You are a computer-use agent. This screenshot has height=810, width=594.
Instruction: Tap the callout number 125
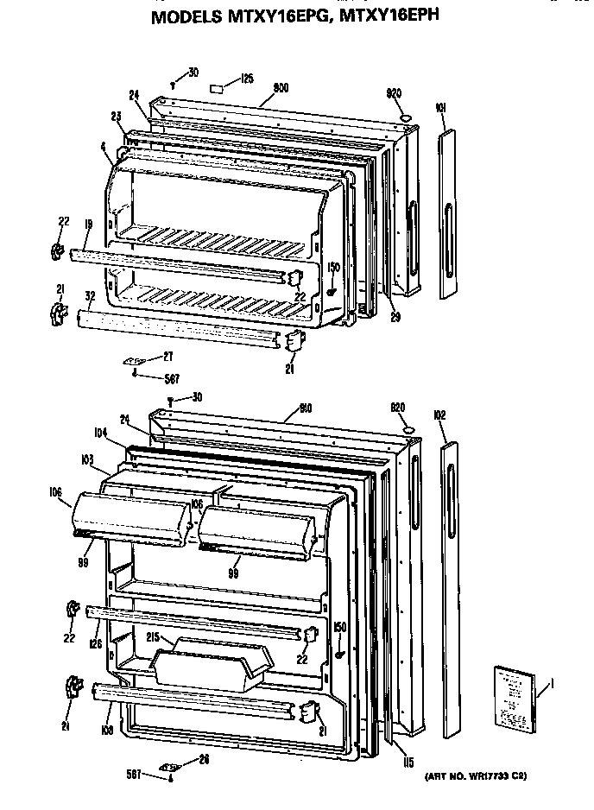point(247,79)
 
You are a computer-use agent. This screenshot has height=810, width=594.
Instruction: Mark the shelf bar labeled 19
point(173,263)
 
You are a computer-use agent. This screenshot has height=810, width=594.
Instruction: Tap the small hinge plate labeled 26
point(170,765)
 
